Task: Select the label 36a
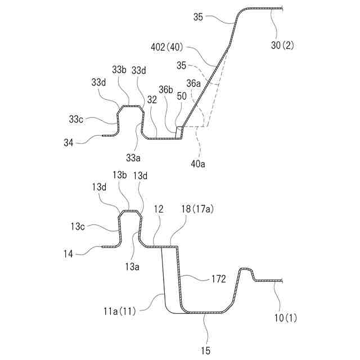(x=193, y=83)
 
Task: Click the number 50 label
(x=182, y=97)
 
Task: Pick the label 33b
(x=119, y=70)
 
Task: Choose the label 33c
(x=77, y=119)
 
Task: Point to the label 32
(x=152, y=100)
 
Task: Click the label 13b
(x=120, y=175)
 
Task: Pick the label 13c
(x=78, y=226)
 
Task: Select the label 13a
(x=133, y=267)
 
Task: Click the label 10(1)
(x=286, y=318)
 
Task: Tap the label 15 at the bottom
(x=205, y=350)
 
